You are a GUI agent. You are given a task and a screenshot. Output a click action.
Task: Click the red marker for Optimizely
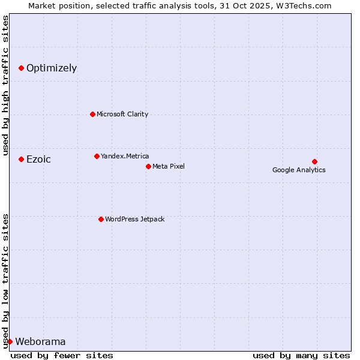click(x=21, y=68)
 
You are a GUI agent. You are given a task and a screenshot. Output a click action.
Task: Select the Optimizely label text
click(x=52, y=68)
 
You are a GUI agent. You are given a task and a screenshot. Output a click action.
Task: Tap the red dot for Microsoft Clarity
click(x=92, y=114)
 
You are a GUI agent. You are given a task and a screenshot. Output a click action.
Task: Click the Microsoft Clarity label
click(x=122, y=115)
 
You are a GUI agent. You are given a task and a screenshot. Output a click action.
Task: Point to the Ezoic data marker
click(x=21, y=159)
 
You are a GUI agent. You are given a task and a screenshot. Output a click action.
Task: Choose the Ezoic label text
click(x=38, y=160)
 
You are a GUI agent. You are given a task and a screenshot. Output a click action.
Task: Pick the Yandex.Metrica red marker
click(x=97, y=156)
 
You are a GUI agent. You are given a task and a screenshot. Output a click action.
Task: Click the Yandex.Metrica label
click(x=125, y=157)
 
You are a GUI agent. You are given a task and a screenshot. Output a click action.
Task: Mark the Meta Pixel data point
click(x=148, y=166)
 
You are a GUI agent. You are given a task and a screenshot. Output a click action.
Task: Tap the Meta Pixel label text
click(x=169, y=166)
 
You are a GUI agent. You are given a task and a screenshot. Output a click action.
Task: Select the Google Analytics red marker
click(x=314, y=161)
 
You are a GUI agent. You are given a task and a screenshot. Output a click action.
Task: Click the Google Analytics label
click(x=299, y=170)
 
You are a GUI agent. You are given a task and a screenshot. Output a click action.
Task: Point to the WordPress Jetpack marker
click(x=101, y=219)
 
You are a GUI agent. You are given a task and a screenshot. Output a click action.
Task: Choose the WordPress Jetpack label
click(x=134, y=220)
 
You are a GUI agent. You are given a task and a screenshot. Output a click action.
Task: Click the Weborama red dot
click(x=10, y=341)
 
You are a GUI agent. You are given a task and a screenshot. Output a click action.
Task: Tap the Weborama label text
click(x=40, y=342)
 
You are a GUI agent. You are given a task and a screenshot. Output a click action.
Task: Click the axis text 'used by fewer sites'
click(x=62, y=355)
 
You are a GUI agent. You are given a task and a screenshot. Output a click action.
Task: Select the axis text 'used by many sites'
click(x=301, y=355)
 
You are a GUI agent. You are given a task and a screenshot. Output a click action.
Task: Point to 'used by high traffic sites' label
click(x=6, y=85)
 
